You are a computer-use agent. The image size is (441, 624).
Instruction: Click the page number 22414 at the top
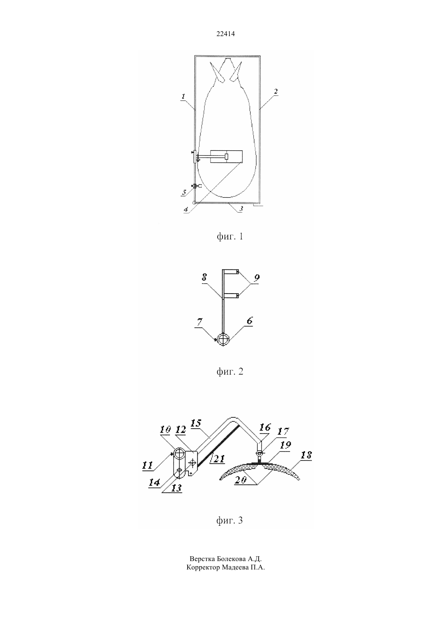pyautogui.click(x=225, y=34)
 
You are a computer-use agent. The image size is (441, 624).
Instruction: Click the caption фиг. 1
pyautogui.click(x=230, y=237)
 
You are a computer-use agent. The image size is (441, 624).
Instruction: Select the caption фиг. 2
pyautogui.click(x=230, y=371)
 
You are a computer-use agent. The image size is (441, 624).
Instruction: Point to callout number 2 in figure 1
pyautogui.click(x=275, y=92)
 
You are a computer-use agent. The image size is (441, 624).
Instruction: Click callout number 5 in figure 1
pyautogui.click(x=184, y=192)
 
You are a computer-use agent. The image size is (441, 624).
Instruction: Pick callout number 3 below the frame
pyautogui.click(x=241, y=209)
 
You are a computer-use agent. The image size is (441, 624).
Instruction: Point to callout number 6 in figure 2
pyautogui.click(x=249, y=321)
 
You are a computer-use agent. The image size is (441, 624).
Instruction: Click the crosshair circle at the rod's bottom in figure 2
pyautogui.click(x=223, y=340)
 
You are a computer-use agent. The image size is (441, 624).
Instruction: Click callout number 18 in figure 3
pyautogui.click(x=306, y=455)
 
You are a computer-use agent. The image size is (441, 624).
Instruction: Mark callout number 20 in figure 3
pyautogui.click(x=241, y=480)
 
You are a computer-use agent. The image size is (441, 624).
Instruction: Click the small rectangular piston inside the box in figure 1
pyautogui.click(x=227, y=156)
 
